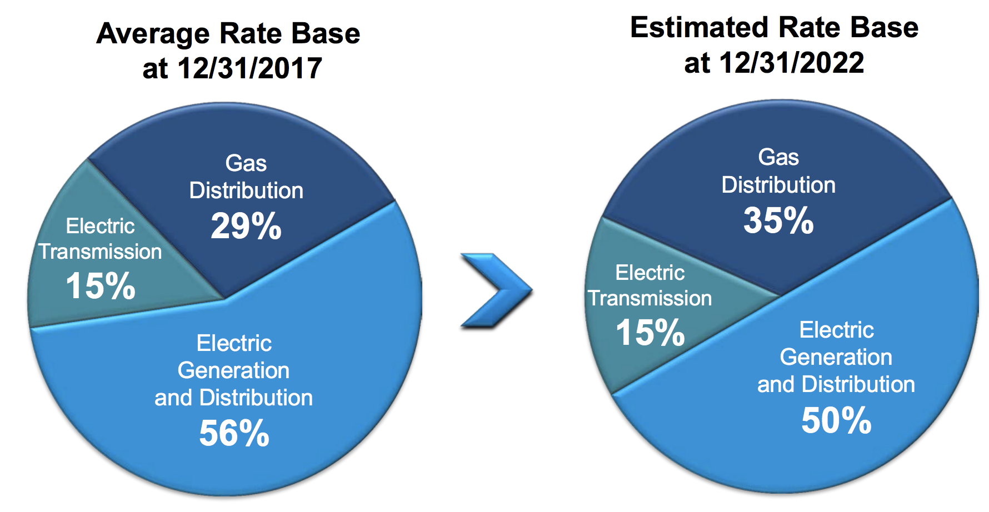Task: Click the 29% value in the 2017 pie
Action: (246, 227)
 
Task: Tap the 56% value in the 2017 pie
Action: (234, 433)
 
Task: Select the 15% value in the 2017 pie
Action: (101, 286)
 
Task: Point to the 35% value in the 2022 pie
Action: (778, 220)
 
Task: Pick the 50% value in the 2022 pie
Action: (836, 420)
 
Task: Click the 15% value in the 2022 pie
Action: (650, 333)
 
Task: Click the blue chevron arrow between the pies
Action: (496, 290)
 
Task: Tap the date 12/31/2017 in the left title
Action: (249, 68)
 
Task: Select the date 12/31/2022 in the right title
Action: (791, 63)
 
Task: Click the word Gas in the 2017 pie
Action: (246, 164)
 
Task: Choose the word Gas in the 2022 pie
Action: (778, 158)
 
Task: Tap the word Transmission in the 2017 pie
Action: (100, 252)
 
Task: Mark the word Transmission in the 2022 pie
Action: (650, 298)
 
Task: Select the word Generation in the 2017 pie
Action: (233, 370)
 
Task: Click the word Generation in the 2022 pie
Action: (836, 357)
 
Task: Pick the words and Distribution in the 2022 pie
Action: (836, 384)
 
